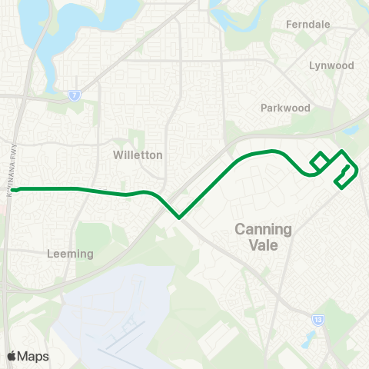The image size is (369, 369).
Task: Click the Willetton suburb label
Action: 138,155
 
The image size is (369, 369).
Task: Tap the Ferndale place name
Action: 307,25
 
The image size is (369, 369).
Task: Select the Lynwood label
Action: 331,65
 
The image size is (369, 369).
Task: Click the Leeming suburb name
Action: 70,254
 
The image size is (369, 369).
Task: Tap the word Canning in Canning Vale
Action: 263,229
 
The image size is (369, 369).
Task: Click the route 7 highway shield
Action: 74,95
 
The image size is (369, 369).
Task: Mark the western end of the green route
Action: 14,189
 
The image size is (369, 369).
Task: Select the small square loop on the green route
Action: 320,161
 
